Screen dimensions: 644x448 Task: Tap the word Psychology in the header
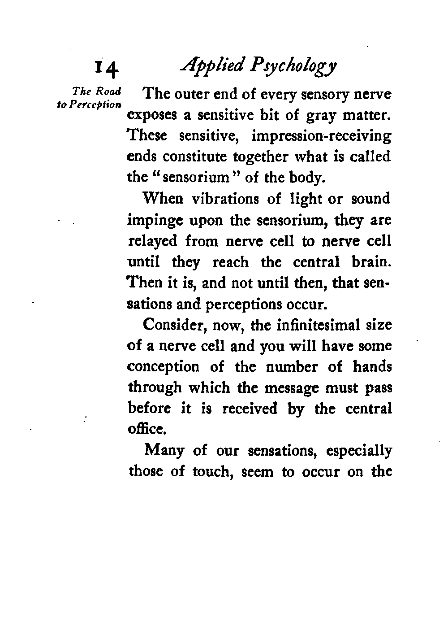(x=289, y=67)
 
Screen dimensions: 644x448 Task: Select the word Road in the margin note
(x=110, y=92)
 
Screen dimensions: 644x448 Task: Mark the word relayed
(x=153, y=242)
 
